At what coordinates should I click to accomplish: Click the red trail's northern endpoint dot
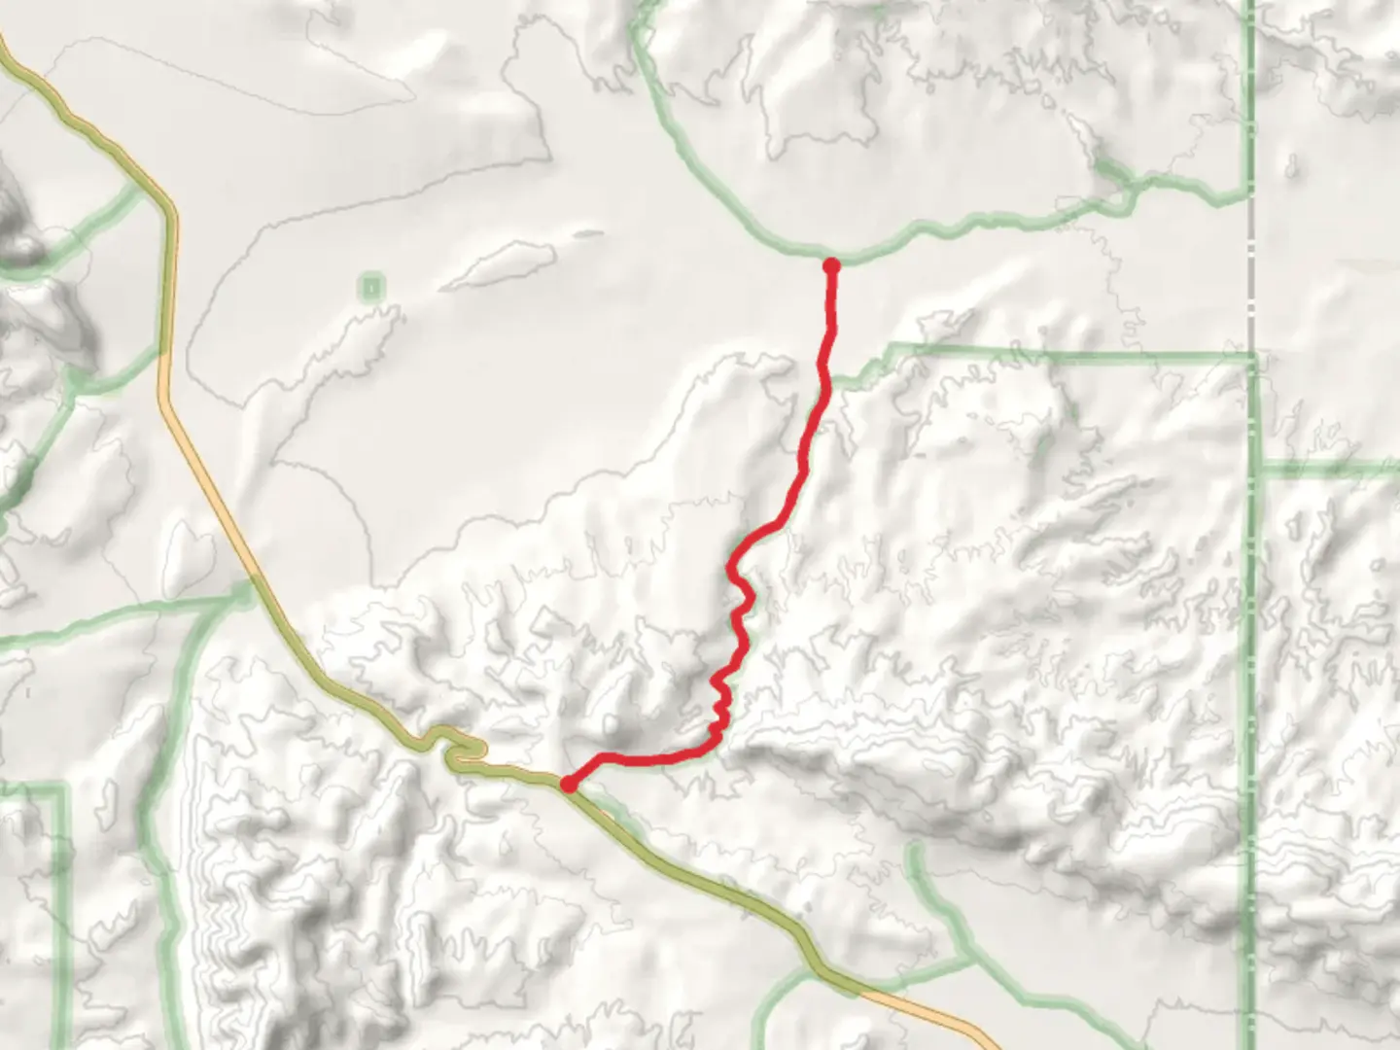(831, 264)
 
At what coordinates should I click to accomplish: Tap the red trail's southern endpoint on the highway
(568, 784)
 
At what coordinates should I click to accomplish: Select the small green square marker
(371, 287)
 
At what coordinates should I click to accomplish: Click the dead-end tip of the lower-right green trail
(914, 850)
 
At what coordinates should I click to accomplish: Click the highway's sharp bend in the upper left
(169, 209)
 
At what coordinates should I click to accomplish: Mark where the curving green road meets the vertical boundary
(1248, 199)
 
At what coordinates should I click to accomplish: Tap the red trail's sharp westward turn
(717, 747)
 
